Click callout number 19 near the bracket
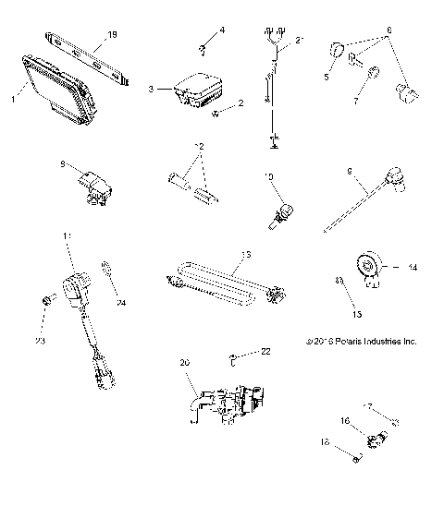click(x=113, y=34)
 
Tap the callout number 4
click(x=222, y=30)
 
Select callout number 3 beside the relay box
click(x=150, y=90)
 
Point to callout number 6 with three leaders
click(x=389, y=31)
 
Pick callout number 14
click(x=413, y=267)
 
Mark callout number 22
click(x=265, y=352)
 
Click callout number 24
click(x=120, y=302)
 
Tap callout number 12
click(x=198, y=147)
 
